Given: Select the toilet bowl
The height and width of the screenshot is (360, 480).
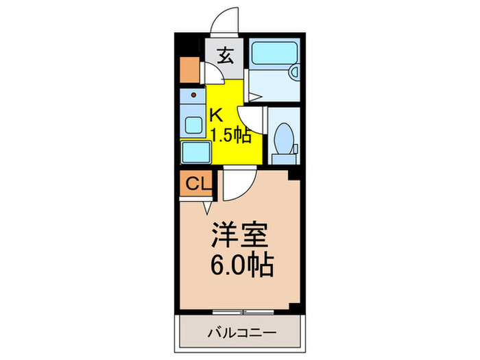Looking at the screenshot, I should pyautogui.click(x=282, y=141).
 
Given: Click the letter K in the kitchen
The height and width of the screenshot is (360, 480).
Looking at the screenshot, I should pyautogui.click(x=215, y=114).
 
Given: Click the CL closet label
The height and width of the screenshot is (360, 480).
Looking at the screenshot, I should pyautogui.click(x=196, y=184).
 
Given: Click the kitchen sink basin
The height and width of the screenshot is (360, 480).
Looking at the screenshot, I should pyautogui.click(x=193, y=126).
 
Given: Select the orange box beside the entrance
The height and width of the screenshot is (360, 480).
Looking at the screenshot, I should pyautogui.click(x=189, y=68).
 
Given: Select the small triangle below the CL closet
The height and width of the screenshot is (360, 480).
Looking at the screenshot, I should pyautogui.click(x=208, y=206).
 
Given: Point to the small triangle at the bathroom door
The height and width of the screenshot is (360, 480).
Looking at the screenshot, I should pyautogui.click(x=254, y=99).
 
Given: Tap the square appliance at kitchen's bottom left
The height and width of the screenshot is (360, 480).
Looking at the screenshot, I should pyautogui.click(x=196, y=152).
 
